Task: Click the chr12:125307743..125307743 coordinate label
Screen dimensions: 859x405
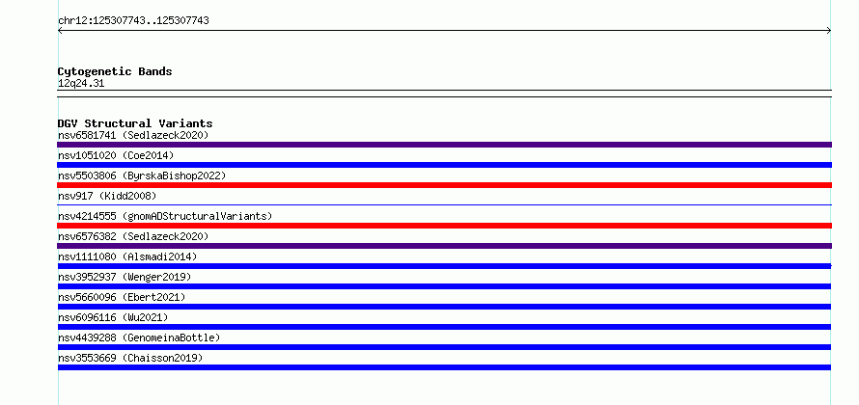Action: [133, 21]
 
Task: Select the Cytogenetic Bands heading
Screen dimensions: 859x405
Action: [115, 71]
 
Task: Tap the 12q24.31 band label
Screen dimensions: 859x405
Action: [81, 84]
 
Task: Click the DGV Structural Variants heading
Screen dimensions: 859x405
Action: [135, 123]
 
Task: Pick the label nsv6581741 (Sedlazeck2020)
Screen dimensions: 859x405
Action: [133, 135]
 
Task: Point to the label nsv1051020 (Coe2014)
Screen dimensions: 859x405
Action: [116, 155]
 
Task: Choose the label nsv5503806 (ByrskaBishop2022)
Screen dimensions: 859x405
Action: [142, 175]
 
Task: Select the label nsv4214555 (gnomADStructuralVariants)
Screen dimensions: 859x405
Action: [165, 216]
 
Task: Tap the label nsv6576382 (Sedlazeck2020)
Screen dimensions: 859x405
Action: [133, 236]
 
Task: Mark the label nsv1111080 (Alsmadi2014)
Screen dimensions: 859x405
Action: [127, 256]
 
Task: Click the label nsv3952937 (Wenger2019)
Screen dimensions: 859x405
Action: [125, 277]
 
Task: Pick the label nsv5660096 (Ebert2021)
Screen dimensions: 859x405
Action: [122, 297]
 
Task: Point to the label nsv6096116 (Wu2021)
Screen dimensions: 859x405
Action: [113, 317]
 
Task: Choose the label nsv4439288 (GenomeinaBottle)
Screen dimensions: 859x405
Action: [139, 337]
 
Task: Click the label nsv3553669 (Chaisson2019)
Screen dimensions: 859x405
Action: [130, 358]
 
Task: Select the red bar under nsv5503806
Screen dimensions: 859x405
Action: [444, 185]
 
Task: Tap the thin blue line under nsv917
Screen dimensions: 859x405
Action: [444, 204]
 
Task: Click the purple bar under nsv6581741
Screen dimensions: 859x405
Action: [444, 145]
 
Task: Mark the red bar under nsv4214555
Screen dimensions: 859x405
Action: [444, 226]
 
